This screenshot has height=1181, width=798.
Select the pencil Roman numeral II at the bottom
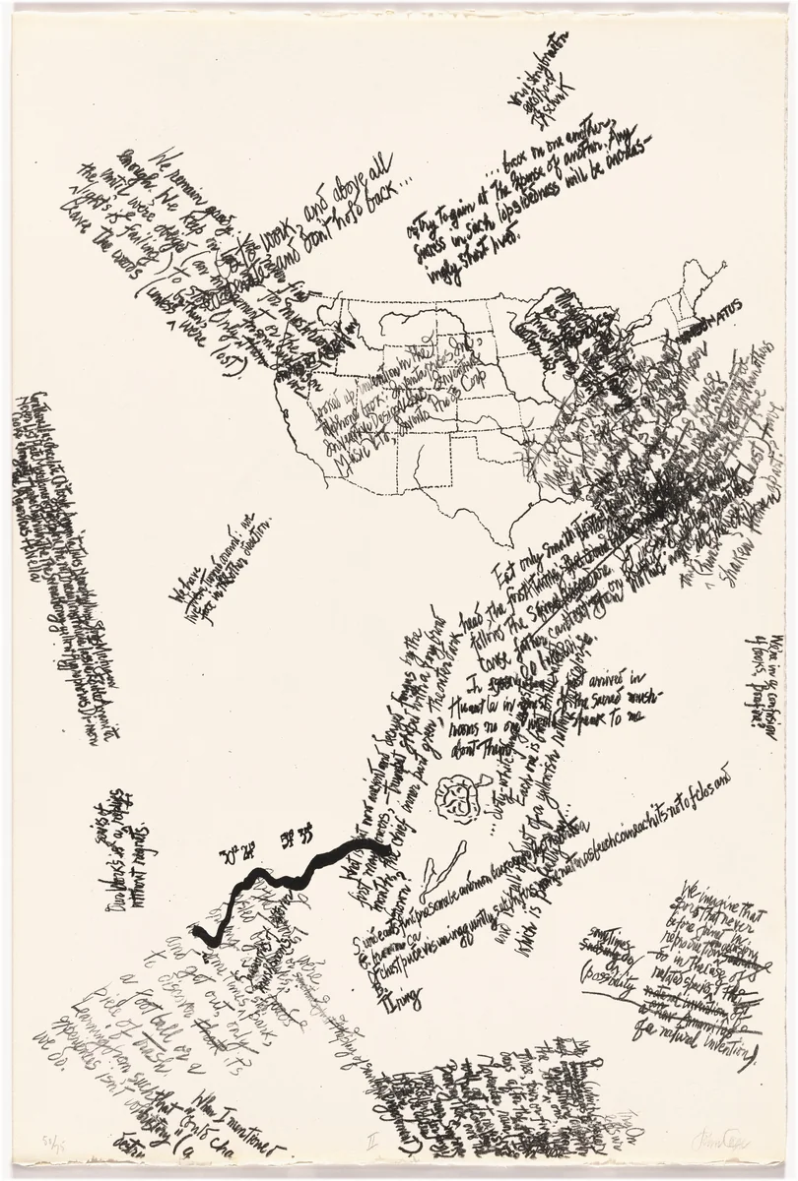371,1142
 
